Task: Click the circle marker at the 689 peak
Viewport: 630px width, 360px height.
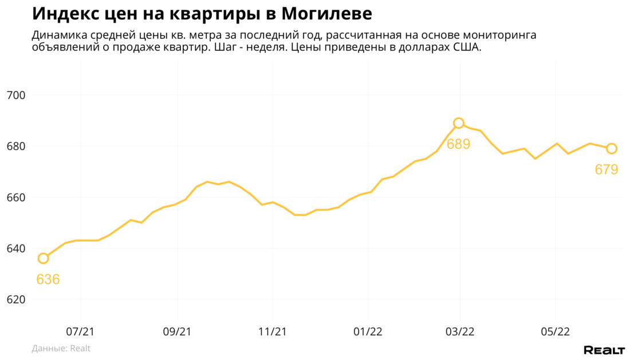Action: point(459,123)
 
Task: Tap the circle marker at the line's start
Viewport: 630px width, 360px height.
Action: point(43,258)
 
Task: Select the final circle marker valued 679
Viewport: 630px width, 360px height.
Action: point(611,149)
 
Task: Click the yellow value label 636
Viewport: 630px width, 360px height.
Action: point(48,279)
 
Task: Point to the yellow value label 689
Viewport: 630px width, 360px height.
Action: point(459,144)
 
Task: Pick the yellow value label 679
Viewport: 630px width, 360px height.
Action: point(607,169)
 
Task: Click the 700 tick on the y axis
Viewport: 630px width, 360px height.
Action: point(17,95)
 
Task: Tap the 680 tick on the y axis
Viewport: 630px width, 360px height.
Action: point(17,147)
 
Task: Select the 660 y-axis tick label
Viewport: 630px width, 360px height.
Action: point(17,197)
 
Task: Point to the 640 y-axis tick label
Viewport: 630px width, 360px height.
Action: point(17,248)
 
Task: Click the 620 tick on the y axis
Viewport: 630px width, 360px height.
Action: point(17,300)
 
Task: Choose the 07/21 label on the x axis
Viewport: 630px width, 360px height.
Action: point(81,331)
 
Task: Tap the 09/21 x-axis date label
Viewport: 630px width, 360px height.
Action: point(177,331)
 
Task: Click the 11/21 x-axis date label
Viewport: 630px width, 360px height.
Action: point(273,331)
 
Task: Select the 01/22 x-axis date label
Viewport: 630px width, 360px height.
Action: point(368,331)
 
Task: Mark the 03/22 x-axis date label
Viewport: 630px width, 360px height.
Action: point(460,331)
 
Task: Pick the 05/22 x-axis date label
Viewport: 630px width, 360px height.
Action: point(556,331)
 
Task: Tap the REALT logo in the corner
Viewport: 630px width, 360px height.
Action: point(604,350)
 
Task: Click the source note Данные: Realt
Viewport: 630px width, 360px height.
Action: point(61,348)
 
